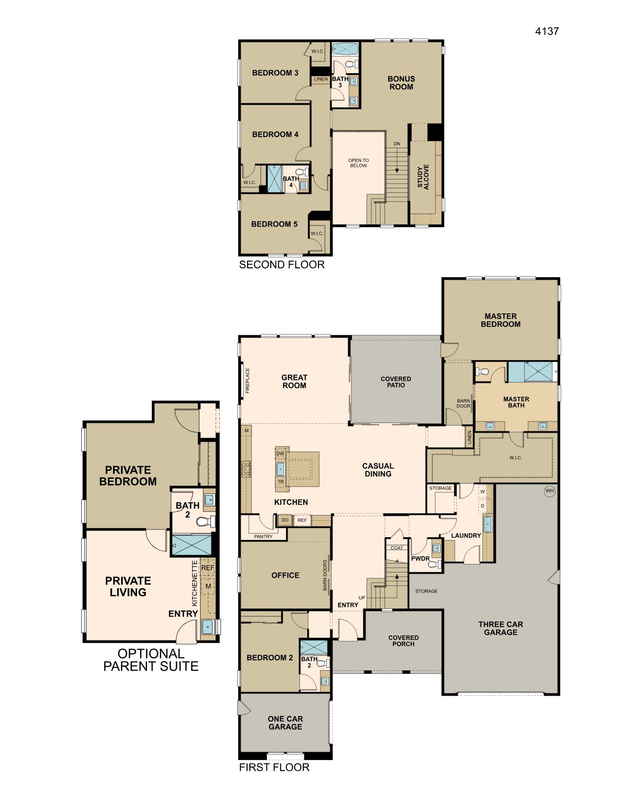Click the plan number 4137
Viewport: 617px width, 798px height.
(547, 31)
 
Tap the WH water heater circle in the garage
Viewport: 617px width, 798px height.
(550, 491)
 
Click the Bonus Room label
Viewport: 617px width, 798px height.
(401, 83)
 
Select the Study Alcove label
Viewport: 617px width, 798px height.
(423, 177)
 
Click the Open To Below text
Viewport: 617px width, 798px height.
(359, 163)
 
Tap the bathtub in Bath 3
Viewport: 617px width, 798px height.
(344, 49)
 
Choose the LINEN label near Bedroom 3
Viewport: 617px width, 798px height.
(321, 79)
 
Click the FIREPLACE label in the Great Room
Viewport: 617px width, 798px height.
(247, 380)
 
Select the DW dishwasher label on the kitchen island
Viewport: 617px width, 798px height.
(280, 453)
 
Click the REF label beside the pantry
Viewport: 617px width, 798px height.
(302, 520)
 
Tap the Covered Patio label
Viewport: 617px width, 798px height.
(396, 382)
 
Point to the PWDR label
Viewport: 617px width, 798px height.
(421, 559)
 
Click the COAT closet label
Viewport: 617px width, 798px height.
(397, 548)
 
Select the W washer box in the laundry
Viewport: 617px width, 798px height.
(482, 492)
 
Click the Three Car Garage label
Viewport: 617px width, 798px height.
(500, 628)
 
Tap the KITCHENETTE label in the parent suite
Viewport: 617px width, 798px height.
(195, 583)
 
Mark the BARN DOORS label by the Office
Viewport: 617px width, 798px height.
(325, 575)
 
